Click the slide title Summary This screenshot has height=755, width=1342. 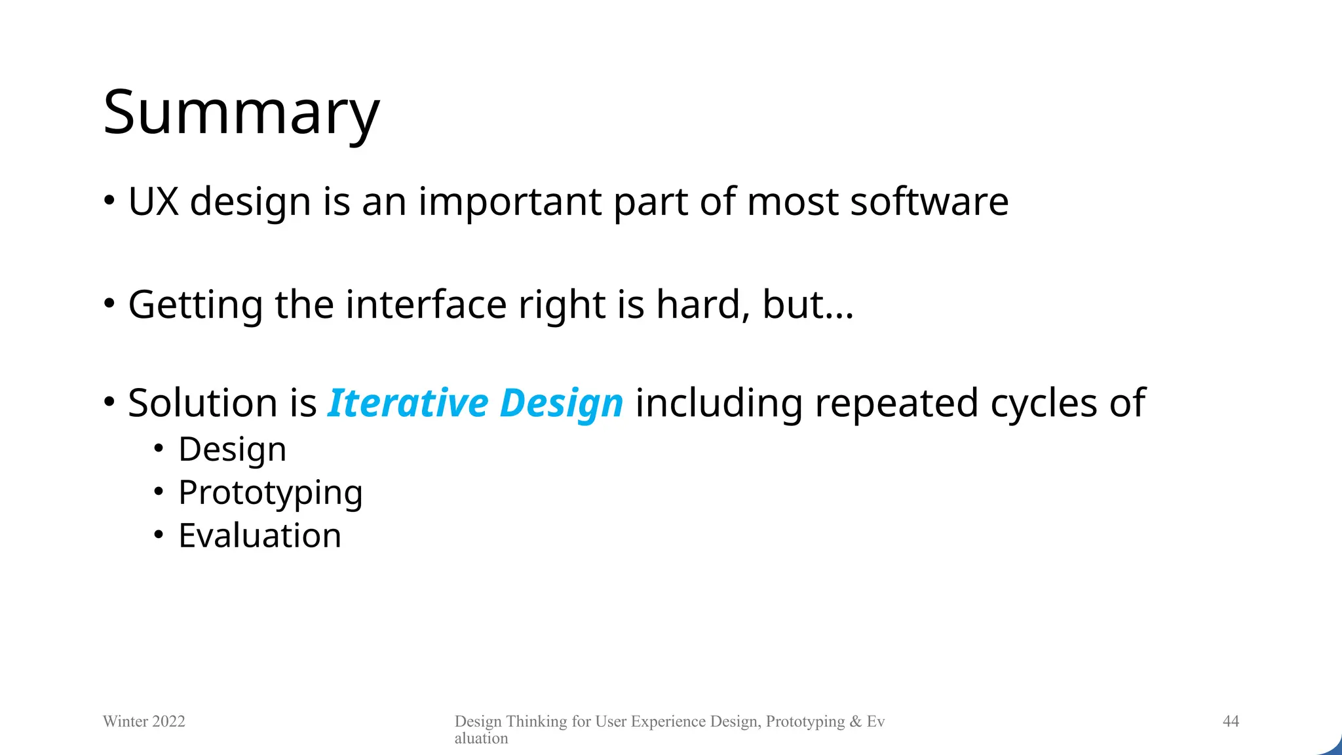tap(241, 113)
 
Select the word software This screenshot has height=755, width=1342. tap(929, 201)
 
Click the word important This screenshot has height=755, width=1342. tap(509, 203)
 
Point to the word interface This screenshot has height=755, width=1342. tap(426, 305)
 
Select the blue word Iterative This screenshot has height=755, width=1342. tap(408, 402)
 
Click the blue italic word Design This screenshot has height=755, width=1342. tap(561, 404)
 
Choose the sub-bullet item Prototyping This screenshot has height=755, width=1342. tap(270, 494)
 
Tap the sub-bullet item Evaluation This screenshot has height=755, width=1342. tap(259, 536)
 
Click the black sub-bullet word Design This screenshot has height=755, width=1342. tap(232, 450)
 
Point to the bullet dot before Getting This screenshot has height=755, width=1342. tap(109, 303)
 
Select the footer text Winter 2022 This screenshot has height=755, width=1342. tap(144, 722)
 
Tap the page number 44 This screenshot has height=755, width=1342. tap(1231, 722)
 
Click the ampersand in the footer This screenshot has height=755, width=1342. tap(855, 722)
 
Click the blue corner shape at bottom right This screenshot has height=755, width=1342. tap(1332, 747)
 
